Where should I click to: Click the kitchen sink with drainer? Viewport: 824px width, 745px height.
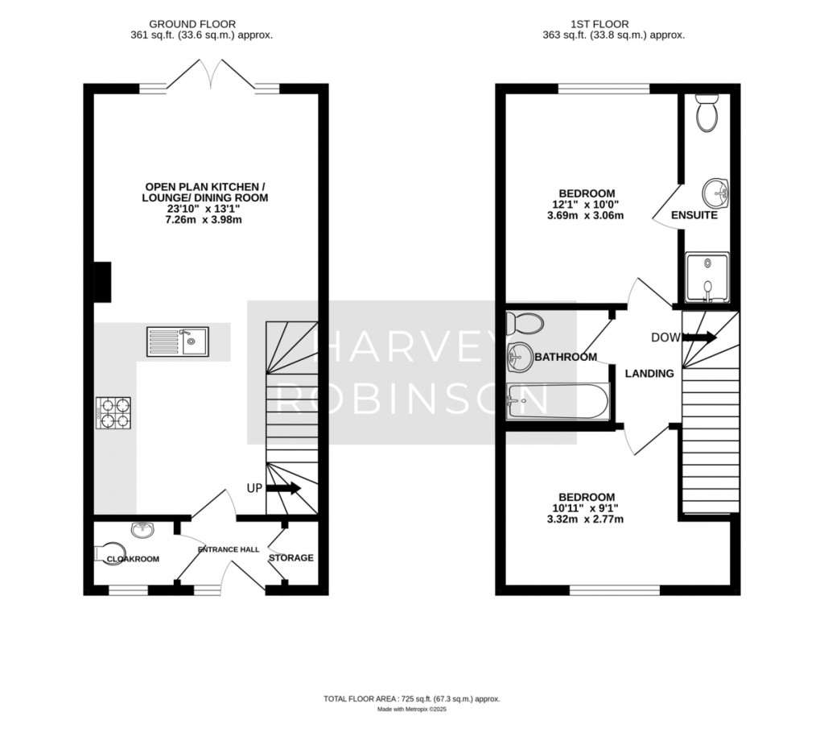[x=177, y=341]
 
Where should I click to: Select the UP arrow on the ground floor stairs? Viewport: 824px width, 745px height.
[x=282, y=488]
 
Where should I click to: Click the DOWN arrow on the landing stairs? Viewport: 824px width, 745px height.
[x=699, y=338]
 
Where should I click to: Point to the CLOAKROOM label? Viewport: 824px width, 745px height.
[x=132, y=559]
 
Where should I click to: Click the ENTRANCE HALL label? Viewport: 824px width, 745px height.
[x=229, y=549]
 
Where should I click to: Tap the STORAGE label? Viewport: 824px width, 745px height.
[x=290, y=558]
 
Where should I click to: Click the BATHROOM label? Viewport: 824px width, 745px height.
[x=565, y=357]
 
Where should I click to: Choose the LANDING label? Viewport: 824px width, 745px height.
[x=649, y=373]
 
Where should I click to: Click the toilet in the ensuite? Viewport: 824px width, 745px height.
[x=708, y=114]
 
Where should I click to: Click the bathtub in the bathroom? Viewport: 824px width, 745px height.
[x=559, y=400]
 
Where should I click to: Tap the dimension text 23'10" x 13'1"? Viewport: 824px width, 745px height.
[x=205, y=209]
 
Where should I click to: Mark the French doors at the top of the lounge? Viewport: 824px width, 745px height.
[x=211, y=77]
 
